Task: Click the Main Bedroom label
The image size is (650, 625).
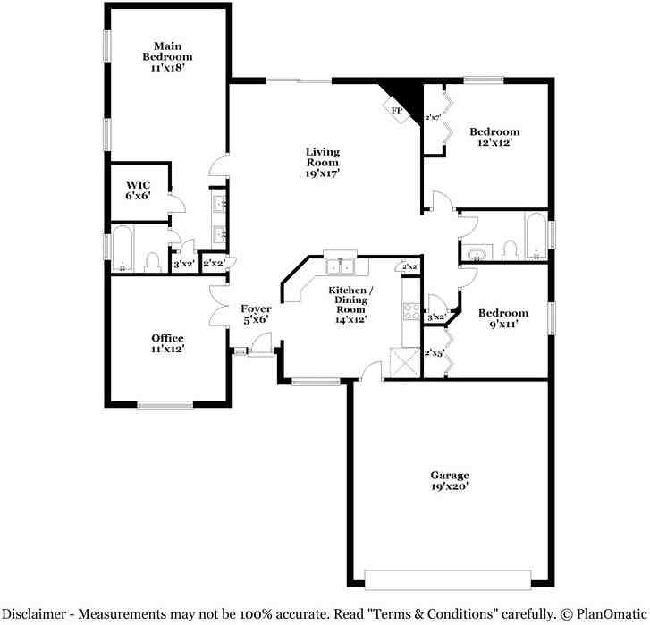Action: [x=167, y=56]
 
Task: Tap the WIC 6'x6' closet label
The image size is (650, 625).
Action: [x=138, y=190]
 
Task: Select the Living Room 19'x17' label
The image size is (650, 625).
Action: [x=322, y=163]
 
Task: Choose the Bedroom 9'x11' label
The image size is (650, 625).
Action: [x=502, y=319]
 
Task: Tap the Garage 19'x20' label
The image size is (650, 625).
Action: [x=449, y=481]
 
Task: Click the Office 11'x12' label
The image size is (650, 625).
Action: [x=167, y=343]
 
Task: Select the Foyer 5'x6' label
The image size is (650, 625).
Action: [x=256, y=315]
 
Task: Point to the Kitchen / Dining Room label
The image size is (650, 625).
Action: [x=350, y=305]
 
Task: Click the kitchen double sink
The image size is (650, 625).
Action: [x=341, y=266]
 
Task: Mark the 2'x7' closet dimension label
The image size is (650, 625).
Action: [x=433, y=117]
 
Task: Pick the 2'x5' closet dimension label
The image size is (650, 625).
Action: [x=434, y=352]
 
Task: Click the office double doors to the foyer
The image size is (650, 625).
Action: [x=217, y=308]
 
